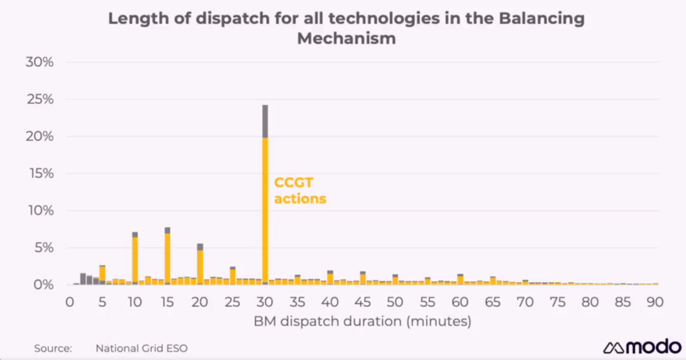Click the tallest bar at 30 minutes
tap(265, 210)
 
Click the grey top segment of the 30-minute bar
tap(265, 121)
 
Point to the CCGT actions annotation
tap(300, 190)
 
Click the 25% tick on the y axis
tap(41, 100)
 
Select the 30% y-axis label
tap(41, 62)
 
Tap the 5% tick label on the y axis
tap(44, 248)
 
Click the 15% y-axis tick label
tap(41, 173)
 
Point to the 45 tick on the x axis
tap(363, 302)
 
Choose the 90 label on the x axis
tap(656, 302)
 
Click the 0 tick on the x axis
tap(70, 302)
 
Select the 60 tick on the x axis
tap(461, 302)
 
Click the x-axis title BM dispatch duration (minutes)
tap(363, 321)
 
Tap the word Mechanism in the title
tap(347, 39)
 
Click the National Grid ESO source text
tap(142, 348)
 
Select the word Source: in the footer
tap(53, 348)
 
